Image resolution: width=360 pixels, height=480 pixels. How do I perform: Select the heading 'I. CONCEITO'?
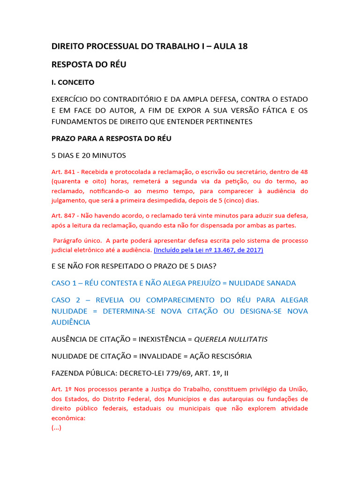click(x=73, y=82)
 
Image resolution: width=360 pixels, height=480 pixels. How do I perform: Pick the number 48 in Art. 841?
click(x=303, y=172)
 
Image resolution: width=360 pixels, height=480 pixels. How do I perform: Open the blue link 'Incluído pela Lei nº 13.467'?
click(x=208, y=250)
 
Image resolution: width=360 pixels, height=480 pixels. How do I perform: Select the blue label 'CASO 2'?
click(x=67, y=300)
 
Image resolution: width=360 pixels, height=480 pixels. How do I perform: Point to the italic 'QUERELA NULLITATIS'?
click(x=231, y=339)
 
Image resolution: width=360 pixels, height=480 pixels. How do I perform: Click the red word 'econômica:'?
click(x=68, y=418)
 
